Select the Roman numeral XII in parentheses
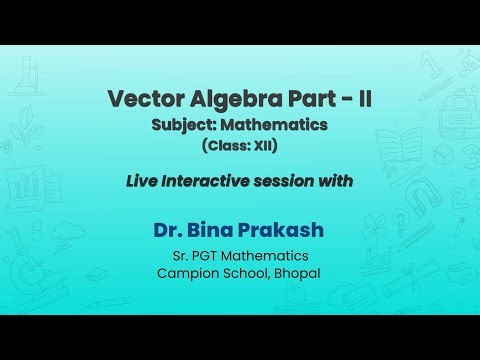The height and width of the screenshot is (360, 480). tap(261, 145)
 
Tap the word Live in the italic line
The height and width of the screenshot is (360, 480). tap(141, 182)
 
